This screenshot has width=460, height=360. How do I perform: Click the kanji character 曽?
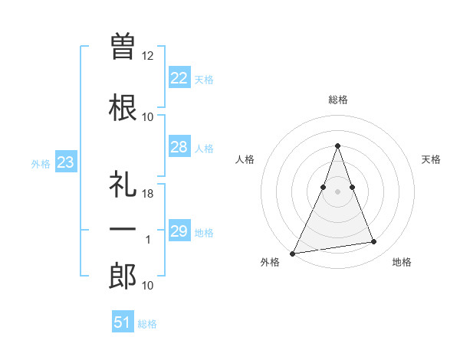pos(123,47)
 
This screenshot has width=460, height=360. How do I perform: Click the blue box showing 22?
pos(179,78)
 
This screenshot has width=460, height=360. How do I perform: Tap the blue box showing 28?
pos(179,147)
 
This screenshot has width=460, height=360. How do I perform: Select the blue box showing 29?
pos(179,231)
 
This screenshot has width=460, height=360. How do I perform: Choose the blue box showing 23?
pos(65,162)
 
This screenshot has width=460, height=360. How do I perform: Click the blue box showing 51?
pos(123,322)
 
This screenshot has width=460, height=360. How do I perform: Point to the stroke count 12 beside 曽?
pos(148,56)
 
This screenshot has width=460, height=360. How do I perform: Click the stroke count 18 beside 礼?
pos(148,195)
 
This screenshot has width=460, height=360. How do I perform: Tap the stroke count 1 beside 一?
pos(148,240)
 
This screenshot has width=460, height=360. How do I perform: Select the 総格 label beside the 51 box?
pos(147,324)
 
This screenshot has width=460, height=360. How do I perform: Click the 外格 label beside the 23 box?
pos(41,164)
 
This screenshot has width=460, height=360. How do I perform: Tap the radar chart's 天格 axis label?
pos(431,159)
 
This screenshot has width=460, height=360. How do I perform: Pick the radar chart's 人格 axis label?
pos(245,159)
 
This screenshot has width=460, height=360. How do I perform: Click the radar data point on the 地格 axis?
pos(374,242)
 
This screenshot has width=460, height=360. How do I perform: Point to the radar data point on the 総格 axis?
pos(337,146)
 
